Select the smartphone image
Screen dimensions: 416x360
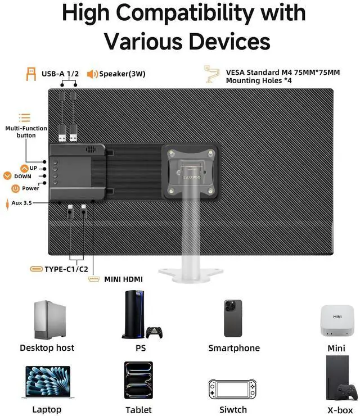click(233, 318)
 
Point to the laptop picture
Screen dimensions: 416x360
click(47, 383)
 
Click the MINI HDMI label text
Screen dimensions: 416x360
click(123, 279)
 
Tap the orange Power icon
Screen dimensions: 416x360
click(16, 188)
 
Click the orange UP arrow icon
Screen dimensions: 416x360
click(24, 168)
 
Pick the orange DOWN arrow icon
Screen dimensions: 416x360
click(7, 176)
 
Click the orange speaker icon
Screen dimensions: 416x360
click(92, 74)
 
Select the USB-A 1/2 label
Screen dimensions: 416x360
click(60, 74)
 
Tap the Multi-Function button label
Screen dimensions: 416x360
click(26, 132)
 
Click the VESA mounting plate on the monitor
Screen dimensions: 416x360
click(190, 170)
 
